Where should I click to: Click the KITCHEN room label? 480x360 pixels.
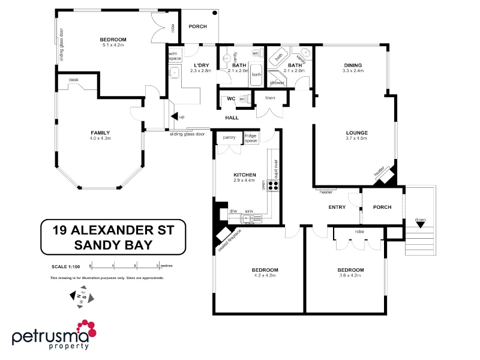[245, 175]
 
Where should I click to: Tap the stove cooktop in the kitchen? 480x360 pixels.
[273, 186]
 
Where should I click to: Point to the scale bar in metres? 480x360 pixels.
[124, 264]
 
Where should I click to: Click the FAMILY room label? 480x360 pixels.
[100, 133]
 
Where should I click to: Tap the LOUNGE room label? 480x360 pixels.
[356, 133]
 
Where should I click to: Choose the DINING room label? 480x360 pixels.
[353, 65]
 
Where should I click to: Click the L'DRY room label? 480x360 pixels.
[201, 65]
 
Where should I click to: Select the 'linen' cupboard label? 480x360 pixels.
[270, 98]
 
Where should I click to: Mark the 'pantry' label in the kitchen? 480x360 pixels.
[229, 137]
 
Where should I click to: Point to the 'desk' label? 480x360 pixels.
[74, 80]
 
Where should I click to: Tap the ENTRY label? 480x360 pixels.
[337, 207]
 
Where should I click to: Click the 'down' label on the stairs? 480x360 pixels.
[420, 220]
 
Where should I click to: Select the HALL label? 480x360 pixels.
[232, 118]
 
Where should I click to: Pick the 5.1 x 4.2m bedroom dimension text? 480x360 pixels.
[113, 45]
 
